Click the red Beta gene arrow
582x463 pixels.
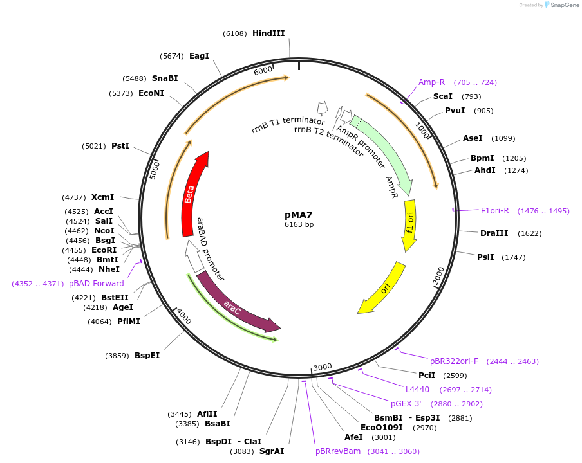coord(191,193)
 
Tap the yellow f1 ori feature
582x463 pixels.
coord(409,225)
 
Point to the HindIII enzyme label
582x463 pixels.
coord(268,33)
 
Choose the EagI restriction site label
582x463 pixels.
coord(199,56)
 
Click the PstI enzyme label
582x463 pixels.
coord(120,146)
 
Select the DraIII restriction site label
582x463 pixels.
coord(494,233)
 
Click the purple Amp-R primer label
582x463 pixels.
coord(431,82)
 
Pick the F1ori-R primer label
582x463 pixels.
coord(495,211)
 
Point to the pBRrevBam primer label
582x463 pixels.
coord(338,451)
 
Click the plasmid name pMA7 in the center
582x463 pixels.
coord(299,215)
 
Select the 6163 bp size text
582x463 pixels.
coord(299,225)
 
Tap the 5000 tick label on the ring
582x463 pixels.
coord(155,170)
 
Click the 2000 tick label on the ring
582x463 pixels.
coord(439,275)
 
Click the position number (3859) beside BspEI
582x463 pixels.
coord(117,356)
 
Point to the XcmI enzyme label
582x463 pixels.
coord(102,197)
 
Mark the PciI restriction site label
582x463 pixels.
coord(427,376)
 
